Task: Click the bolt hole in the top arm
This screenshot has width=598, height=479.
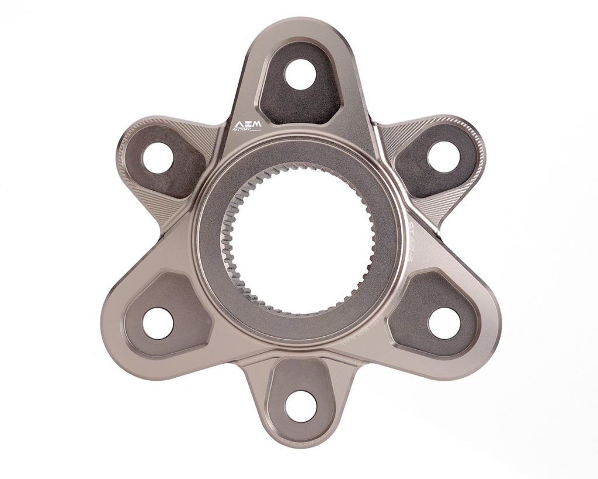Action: point(301,75)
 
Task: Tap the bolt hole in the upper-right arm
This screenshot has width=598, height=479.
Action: point(443,157)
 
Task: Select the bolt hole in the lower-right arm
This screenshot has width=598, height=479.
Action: point(443,323)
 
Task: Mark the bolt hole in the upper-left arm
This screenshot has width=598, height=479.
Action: point(157,157)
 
